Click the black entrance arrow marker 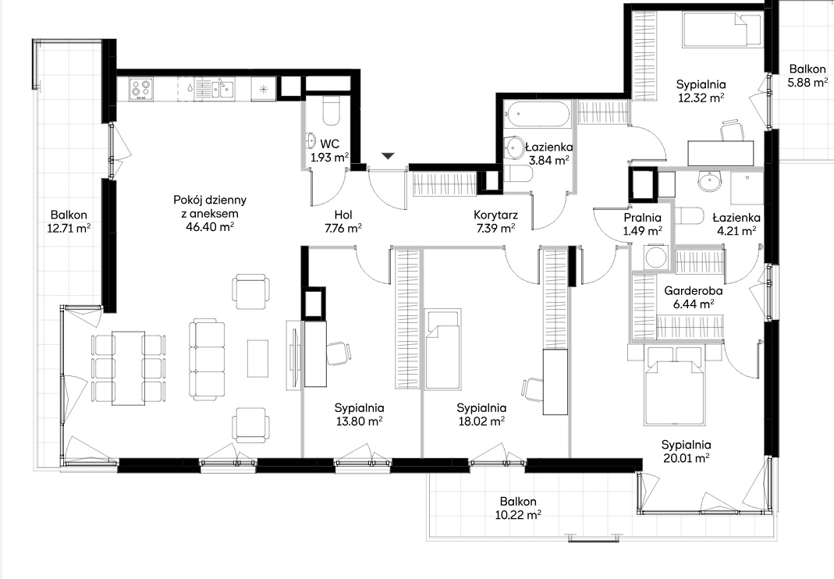[389, 156]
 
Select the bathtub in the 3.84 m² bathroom [538, 115]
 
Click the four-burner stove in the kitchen [141, 89]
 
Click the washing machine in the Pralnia [655, 257]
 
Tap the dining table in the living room [128, 368]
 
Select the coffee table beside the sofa [258, 358]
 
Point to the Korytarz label [495, 215]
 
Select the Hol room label [343, 215]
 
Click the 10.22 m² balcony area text [518, 515]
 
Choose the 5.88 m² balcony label [807, 83]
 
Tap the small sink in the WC [311, 141]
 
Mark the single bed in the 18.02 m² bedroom [442, 349]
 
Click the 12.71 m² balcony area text [69, 229]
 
